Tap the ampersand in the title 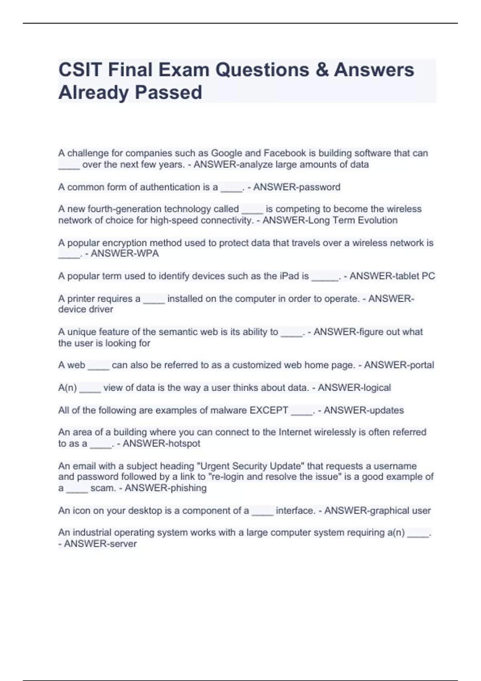(321, 70)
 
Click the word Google (226, 153)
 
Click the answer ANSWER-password (297, 187)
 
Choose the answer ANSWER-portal (399, 365)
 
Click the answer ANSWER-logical (354, 387)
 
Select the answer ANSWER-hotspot (161, 443)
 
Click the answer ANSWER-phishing (166, 488)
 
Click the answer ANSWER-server (100, 544)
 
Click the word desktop (142, 510)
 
